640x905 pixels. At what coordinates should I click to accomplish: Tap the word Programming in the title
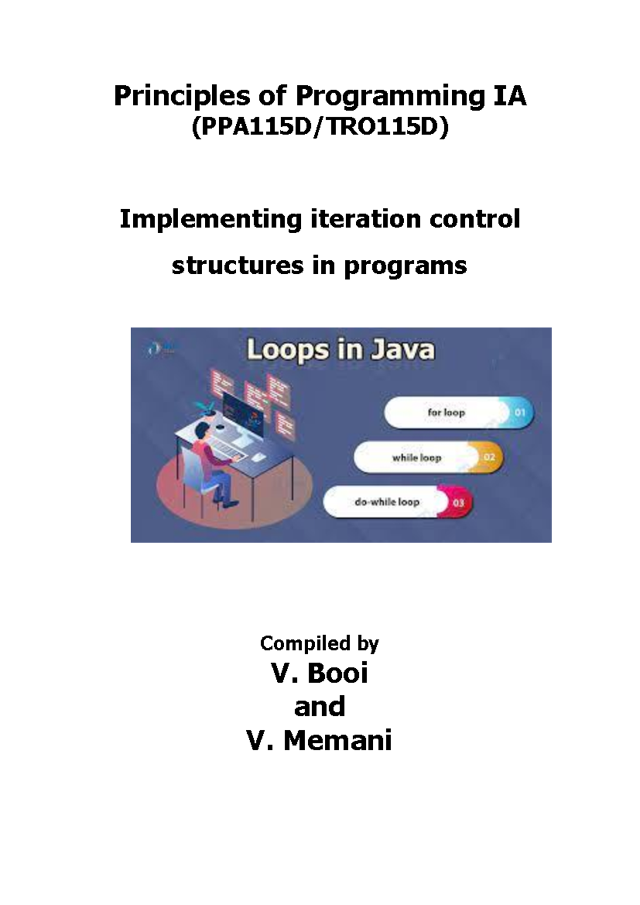390,97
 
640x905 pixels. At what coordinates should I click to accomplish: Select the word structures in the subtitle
237,266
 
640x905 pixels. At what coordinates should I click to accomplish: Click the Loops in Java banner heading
340,350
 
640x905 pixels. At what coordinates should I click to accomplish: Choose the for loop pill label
446,412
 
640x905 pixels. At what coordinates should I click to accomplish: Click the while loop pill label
417,458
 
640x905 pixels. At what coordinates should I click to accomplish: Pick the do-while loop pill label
387,502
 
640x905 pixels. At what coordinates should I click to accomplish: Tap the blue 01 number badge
519,412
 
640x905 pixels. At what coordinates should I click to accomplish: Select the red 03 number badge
459,503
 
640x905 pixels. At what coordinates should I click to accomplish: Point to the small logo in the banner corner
160,348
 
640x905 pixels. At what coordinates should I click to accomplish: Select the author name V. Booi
320,674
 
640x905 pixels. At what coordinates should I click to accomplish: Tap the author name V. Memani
319,741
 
